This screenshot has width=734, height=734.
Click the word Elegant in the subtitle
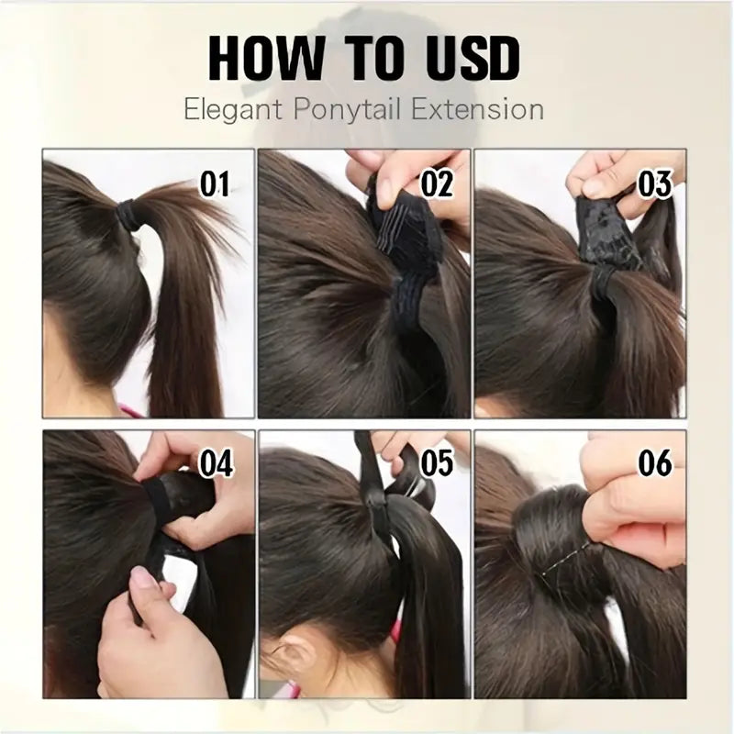point(233,110)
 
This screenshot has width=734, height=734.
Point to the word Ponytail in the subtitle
point(347,110)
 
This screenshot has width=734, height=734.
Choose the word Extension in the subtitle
point(477,109)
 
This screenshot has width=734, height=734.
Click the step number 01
point(215,184)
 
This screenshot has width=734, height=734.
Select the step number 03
point(654,184)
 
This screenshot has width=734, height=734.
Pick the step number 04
point(216,463)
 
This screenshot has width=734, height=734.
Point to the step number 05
point(437,463)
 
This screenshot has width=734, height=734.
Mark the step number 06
point(654,463)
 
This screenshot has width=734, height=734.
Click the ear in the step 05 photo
point(295,657)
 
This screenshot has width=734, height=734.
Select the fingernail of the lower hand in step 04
point(142,581)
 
